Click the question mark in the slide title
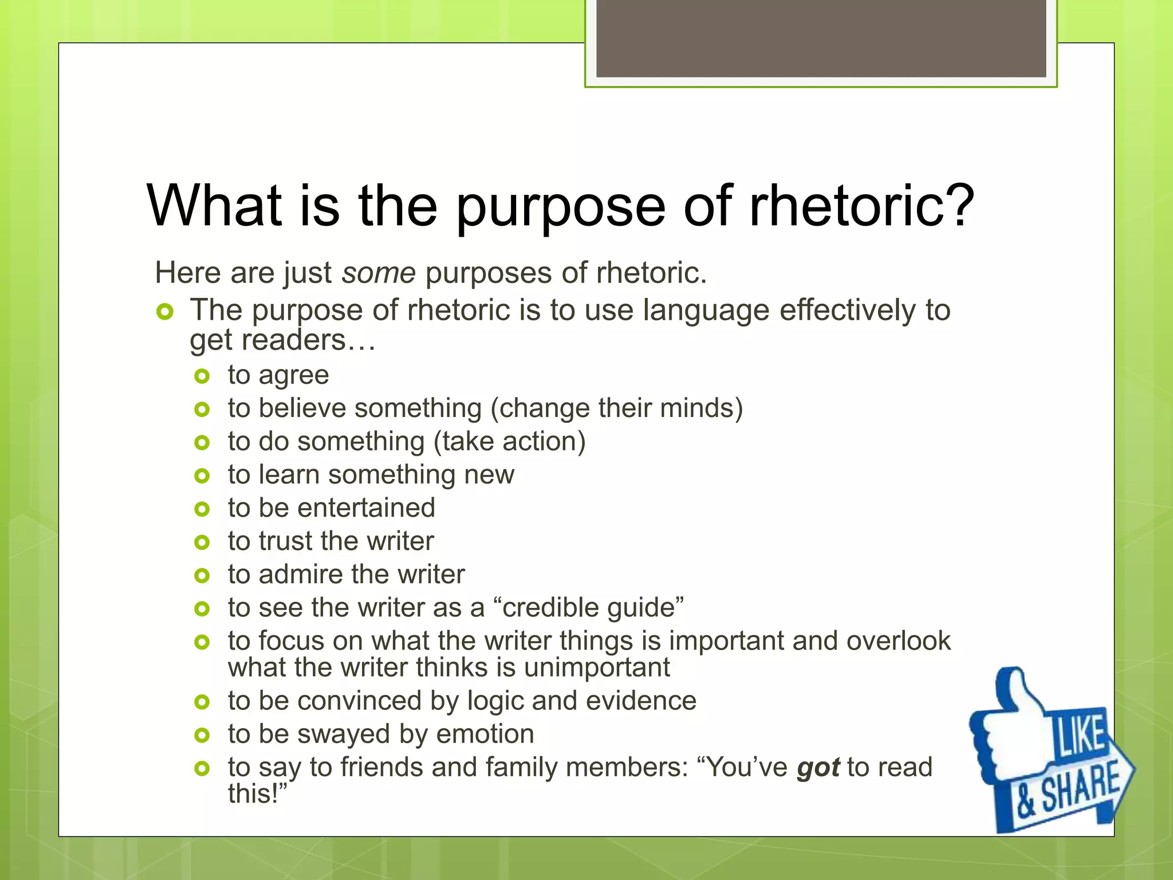pos(954,205)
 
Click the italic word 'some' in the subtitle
pos(379,273)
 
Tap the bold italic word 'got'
pos(818,768)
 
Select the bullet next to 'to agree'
pos(202,376)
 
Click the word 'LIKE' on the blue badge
pos(1080,735)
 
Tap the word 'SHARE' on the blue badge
pos(1079,788)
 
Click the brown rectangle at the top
pos(821,38)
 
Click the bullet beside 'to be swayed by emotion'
pos(202,735)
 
